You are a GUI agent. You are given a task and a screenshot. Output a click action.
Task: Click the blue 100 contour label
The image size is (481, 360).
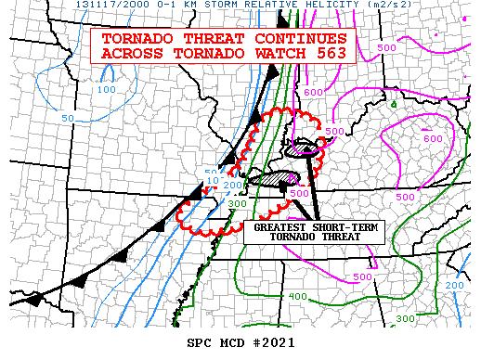click(107, 90)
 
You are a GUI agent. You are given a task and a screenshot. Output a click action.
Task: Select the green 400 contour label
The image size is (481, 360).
click(297, 296)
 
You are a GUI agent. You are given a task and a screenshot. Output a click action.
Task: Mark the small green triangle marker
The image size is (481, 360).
click(393, 103)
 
